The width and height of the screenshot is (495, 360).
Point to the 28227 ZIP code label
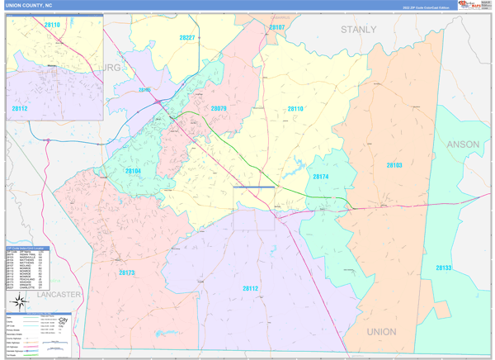coord(187,38)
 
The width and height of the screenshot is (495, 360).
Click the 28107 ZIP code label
coord(276,27)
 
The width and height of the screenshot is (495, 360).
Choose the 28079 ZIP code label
coord(218,108)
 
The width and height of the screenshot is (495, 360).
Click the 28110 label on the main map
coord(295,109)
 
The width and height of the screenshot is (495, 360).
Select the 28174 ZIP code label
coord(320,177)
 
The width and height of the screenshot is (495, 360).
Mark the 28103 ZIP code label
coord(394,165)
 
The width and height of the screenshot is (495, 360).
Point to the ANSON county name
coord(462,144)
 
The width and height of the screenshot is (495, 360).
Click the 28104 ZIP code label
coord(134,171)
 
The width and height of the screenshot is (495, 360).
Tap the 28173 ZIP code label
coord(126,272)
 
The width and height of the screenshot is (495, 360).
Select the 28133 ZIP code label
coord(444,268)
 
